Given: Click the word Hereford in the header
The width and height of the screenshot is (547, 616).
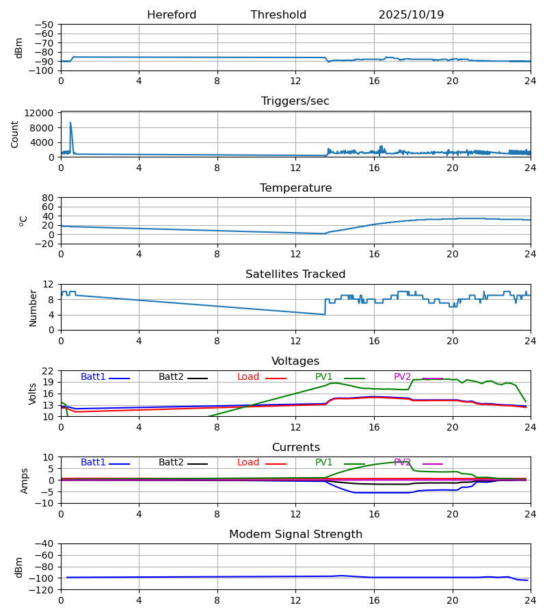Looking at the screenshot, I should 172,15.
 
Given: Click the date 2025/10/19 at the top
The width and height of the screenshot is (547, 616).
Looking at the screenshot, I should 411,15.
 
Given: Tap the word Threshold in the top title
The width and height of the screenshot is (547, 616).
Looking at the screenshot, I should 278,15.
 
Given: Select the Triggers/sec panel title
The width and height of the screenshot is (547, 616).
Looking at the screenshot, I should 295,101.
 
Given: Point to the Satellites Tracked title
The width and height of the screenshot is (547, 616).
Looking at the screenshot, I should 295,274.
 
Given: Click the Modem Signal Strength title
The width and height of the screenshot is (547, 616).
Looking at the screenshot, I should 295,535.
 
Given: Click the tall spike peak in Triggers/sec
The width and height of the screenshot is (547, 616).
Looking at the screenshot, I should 70,123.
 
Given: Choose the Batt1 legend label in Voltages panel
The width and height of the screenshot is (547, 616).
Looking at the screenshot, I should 93,377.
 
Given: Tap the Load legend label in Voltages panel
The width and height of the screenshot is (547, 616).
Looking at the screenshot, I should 248,377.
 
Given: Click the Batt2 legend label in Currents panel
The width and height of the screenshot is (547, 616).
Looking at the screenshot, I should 171,463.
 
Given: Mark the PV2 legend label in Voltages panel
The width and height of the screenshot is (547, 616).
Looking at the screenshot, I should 402,377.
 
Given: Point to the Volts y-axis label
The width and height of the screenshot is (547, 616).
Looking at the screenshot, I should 33,394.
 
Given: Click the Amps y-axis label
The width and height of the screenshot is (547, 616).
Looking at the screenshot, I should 25,480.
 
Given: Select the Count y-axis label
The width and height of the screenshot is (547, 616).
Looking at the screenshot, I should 15,134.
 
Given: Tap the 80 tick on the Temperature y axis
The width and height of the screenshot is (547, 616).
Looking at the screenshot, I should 48,198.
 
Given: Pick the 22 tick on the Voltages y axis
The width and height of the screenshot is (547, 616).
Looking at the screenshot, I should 48,371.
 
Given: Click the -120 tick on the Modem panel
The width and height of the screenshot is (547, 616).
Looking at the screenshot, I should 44,590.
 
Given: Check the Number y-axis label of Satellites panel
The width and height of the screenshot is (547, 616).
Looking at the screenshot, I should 33,307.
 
